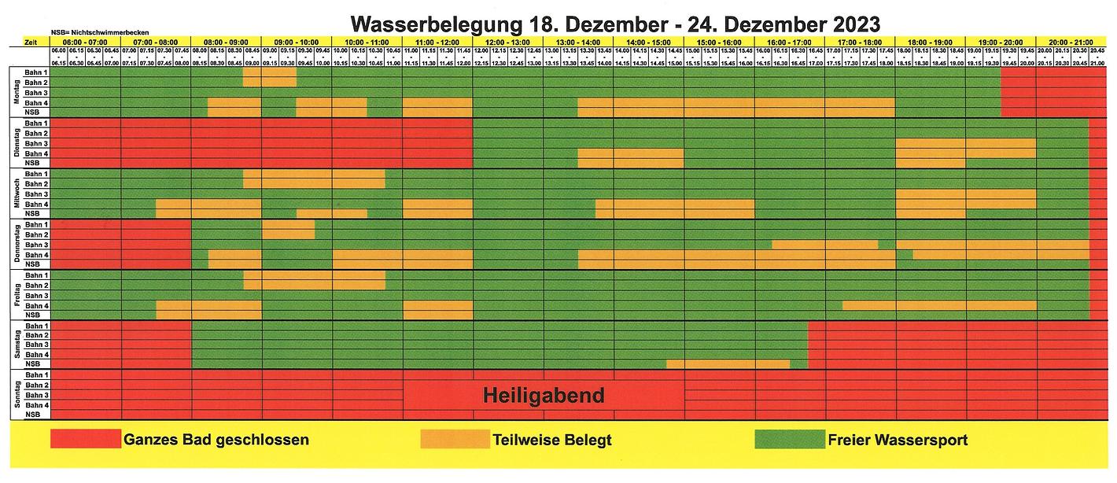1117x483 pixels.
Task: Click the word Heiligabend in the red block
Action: click(544, 395)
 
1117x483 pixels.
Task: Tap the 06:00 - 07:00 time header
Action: click(86, 41)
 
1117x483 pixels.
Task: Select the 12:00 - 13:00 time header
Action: click(508, 41)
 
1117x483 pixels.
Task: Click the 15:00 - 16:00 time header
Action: click(720, 41)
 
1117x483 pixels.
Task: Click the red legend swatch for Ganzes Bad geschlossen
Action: click(86, 439)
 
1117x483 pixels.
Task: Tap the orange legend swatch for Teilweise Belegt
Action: click(455, 439)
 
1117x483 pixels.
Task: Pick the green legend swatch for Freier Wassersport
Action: click(788, 439)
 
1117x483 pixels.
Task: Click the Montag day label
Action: click(17, 92)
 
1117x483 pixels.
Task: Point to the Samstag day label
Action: click(17, 345)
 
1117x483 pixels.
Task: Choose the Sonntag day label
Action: click(17, 395)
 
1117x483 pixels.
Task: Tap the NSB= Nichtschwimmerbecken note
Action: click(88, 32)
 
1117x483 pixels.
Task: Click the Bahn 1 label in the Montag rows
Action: click(36, 72)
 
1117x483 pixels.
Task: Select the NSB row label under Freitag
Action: click(33, 315)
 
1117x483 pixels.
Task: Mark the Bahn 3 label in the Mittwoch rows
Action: click(36, 194)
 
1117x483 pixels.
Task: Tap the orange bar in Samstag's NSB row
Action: click(728, 364)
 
